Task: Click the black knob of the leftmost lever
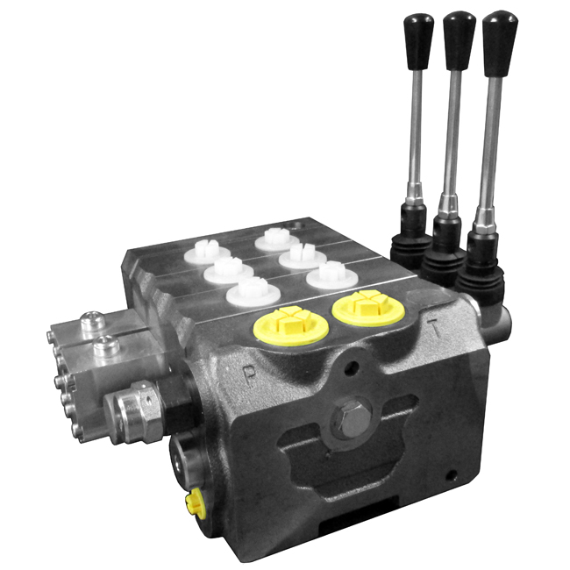[x=418, y=41]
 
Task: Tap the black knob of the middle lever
[x=460, y=40]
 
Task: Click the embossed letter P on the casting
[x=249, y=377]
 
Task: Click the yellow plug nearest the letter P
[x=290, y=324]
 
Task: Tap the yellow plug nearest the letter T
[x=368, y=307]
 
